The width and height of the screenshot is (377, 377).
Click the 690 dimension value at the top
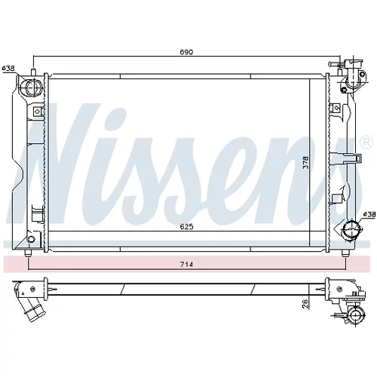click(x=186, y=52)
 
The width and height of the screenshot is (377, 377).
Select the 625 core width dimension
click(x=186, y=227)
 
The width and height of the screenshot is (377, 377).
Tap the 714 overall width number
click(x=186, y=264)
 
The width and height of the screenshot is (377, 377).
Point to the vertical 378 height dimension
click(x=305, y=162)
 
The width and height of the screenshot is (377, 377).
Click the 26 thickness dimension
click(x=305, y=304)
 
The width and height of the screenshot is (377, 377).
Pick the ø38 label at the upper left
click(x=8, y=68)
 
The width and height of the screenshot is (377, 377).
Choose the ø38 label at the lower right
click(x=369, y=214)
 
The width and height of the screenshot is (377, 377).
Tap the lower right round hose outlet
click(x=351, y=230)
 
